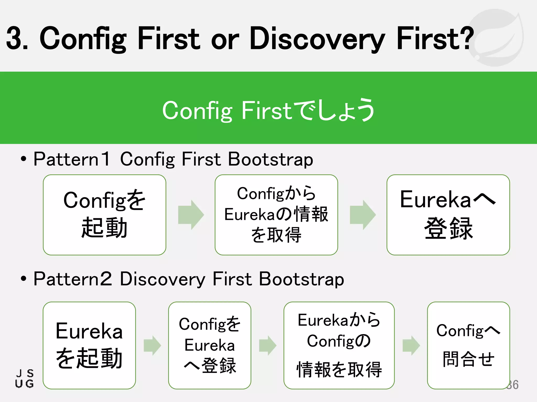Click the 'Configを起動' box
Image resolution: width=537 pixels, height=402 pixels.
click(104, 215)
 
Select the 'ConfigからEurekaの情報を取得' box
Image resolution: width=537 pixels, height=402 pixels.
click(276, 215)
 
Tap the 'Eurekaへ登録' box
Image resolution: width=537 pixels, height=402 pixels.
click(448, 215)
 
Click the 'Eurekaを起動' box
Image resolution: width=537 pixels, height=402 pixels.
click(89, 345)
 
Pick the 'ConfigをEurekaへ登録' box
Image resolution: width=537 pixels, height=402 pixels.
click(210, 345)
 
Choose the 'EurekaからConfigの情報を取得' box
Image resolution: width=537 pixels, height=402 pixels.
click(339, 345)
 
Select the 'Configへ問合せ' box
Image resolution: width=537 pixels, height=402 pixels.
click(468, 345)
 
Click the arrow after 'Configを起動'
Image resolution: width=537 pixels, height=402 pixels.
click(191, 215)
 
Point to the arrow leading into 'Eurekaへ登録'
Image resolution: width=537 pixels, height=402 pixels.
click(363, 215)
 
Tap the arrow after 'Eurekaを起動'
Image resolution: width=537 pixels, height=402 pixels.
click(152, 345)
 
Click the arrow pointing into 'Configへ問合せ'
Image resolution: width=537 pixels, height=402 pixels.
click(411, 345)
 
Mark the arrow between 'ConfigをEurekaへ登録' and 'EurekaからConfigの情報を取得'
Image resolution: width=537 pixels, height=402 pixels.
click(267, 345)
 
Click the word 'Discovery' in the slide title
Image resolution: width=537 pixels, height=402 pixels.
click(317, 39)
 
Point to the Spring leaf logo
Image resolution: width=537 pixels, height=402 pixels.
click(496, 37)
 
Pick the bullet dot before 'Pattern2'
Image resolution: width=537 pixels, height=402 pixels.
click(24, 279)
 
